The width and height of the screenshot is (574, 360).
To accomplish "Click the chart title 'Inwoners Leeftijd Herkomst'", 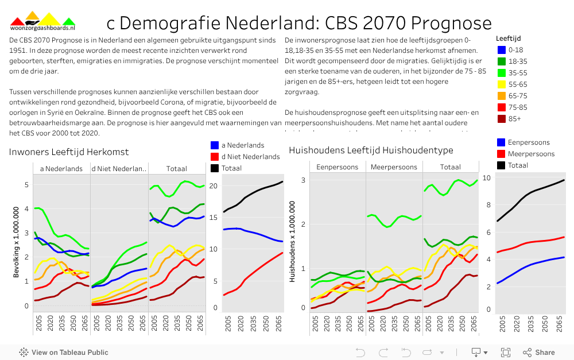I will pos(68,152).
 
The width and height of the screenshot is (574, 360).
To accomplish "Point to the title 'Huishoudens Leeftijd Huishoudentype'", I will pos(371,150).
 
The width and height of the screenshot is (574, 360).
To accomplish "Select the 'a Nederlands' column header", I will pos(61,169).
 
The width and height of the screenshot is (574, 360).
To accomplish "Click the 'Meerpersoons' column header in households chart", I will pos(394,167).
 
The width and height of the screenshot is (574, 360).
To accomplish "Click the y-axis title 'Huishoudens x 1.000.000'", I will pos(292,241).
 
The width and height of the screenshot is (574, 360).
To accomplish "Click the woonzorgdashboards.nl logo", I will pos(42,22).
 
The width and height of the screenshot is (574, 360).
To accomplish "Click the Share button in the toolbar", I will pos(538,353).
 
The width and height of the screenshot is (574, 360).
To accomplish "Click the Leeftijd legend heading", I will pos(508,38).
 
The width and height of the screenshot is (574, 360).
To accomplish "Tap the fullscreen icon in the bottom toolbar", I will pos(506,353).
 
